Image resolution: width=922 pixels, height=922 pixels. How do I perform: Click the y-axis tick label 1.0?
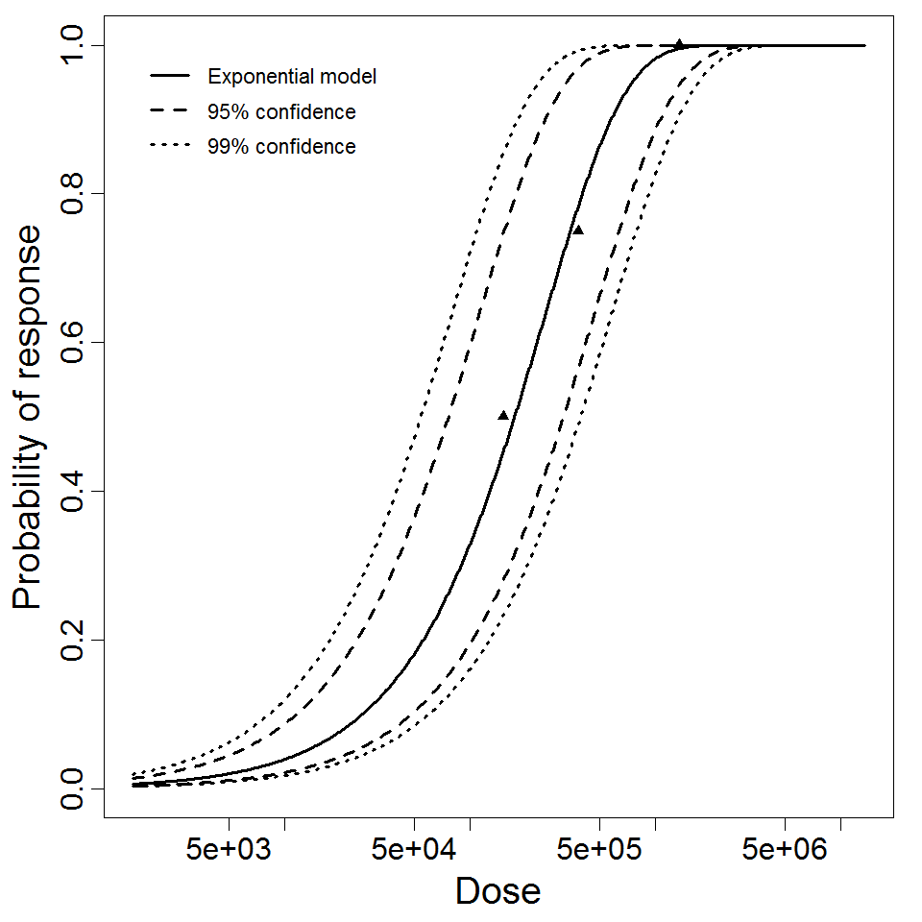coord(72,45)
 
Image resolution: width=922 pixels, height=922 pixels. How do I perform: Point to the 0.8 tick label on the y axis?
coord(72,194)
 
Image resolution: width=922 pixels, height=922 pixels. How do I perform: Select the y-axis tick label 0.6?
coord(72,343)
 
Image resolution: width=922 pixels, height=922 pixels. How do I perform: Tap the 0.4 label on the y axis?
coord(72,492)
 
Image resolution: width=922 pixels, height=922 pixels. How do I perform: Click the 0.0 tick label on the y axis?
coord(72,789)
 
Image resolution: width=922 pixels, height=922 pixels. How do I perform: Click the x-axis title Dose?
coord(497,892)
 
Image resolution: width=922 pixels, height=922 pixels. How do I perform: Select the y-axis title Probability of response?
coord(29,417)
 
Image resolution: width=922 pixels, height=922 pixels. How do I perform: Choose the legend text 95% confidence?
coord(281,112)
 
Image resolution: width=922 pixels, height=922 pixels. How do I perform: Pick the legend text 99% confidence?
coord(281,147)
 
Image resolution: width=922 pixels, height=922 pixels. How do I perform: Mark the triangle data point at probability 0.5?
coord(503,415)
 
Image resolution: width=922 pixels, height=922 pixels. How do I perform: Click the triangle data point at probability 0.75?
coord(578,230)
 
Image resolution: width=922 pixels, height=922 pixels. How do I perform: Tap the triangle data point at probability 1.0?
coord(679,44)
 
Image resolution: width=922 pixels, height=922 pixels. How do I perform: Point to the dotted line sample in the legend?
coord(170,147)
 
